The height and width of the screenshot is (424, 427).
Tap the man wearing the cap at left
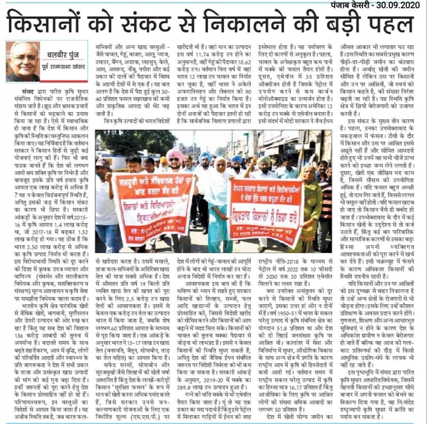click(x=103, y=194)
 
